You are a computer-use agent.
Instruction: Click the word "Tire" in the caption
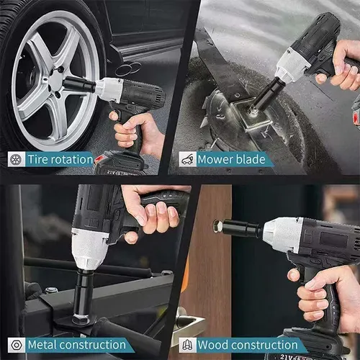coord(37,159)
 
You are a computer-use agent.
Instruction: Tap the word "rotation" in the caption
coord(71,159)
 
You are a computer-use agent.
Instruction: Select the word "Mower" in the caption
coord(215,159)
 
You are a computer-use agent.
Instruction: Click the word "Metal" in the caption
coord(42,345)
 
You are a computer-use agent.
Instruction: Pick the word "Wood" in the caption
coord(213,345)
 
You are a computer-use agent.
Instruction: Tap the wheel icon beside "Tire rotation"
coord(17,159)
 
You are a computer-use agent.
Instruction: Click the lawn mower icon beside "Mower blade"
coord(188,159)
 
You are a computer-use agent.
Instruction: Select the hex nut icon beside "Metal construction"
coord(17,345)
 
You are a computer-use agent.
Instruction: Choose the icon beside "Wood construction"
coord(188,345)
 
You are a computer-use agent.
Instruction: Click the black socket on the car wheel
coord(79,84)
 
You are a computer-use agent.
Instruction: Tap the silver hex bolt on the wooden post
coord(217,226)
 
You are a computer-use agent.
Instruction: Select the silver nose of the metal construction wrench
coord(89,248)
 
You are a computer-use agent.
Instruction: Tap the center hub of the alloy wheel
coord(56,81)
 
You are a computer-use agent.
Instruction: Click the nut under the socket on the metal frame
coord(81,319)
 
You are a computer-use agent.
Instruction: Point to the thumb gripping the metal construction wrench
coord(132,237)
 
